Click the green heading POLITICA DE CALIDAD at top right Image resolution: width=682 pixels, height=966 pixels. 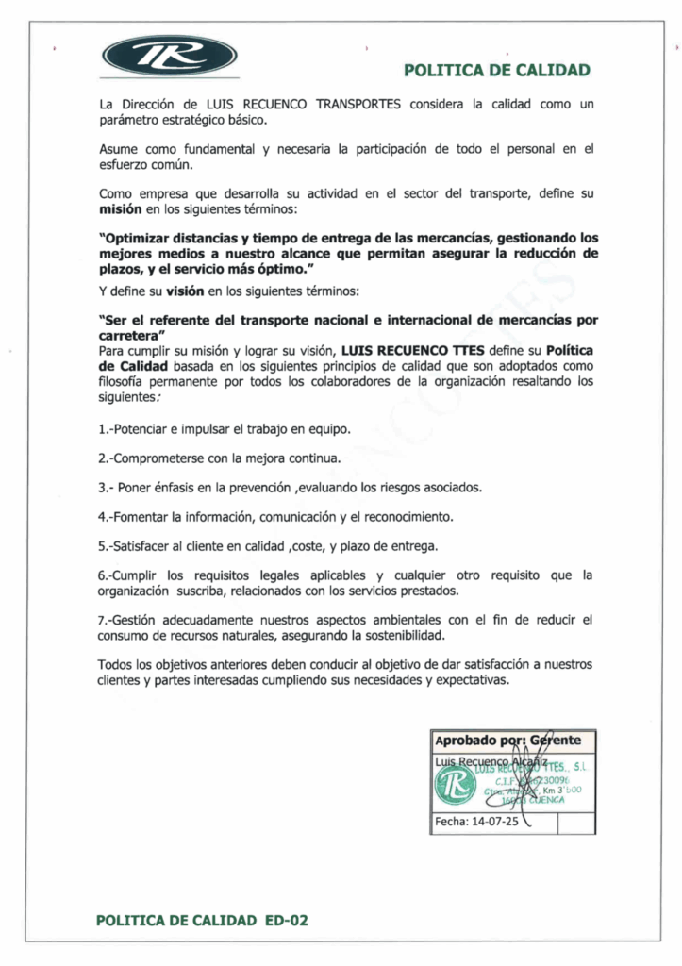click(x=497, y=70)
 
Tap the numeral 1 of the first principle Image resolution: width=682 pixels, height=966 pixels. click(x=101, y=429)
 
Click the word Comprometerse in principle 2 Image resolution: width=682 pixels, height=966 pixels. click(x=151, y=458)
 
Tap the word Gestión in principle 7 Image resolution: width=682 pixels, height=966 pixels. click(x=140, y=620)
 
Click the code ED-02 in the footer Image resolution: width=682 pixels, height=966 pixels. click(x=286, y=920)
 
